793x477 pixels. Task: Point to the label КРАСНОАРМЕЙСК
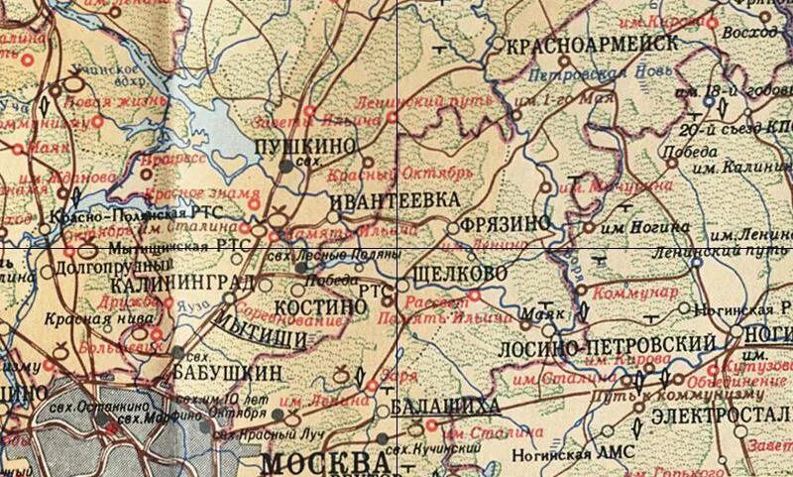(x=592, y=44)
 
